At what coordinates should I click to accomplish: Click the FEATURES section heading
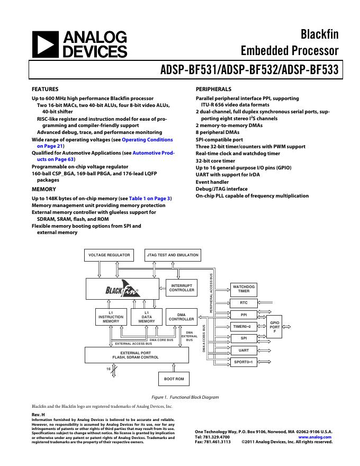(45, 89)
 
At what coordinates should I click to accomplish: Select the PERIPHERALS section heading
(213, 89)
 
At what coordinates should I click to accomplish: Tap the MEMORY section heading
(44, 189)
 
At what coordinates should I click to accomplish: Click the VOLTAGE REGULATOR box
(109, 255)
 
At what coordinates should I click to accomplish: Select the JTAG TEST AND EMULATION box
(173, 255)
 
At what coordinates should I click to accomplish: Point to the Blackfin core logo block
(122, 289)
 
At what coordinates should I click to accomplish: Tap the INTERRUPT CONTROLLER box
(182, 288)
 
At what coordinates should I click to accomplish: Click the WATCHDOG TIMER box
(244, 289)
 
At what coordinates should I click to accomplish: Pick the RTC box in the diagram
(244, 303)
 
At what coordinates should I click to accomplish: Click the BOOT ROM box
(173, 379)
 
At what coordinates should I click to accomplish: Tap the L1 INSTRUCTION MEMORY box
(111, 317)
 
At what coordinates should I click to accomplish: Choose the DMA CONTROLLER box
(182, 317)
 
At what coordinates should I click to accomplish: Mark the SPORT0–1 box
(244, 362)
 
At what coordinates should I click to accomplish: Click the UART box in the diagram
(244, 350)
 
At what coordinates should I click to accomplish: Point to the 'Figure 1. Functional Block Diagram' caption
(180, 397)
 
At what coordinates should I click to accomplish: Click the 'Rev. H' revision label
(38, 414)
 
